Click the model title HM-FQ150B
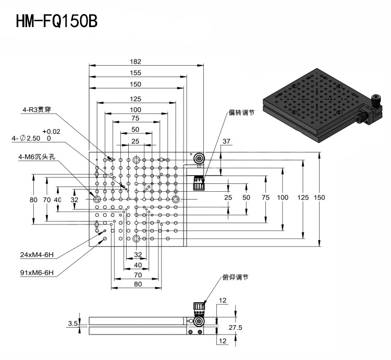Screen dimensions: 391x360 tap(57, 21)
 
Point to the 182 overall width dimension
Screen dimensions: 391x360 tap(136, 61)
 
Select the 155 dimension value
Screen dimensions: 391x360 tap(136, 73)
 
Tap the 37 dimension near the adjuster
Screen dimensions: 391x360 tap(226, 141)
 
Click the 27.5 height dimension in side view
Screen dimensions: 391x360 tap(236, 327)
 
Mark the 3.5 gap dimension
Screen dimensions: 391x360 tap(73, 324)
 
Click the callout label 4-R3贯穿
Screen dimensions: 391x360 tap(37, 109)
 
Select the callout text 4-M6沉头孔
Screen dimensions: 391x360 tap(36, 157)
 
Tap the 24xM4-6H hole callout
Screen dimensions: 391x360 tap(37, 255)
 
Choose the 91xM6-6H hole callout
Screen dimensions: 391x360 tap(37, 272)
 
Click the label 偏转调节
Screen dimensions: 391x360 tap(241, 113)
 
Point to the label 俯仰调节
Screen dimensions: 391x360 tap(236, 277)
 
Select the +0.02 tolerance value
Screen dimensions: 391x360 tap(51, 131)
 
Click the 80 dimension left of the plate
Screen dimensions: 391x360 tap(33, 200)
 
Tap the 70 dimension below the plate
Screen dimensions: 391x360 tap(138, 275)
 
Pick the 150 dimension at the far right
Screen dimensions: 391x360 tap(319, 197)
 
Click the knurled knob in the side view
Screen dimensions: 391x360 tap(199, 308)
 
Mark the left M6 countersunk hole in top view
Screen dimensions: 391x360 tap(97, 199)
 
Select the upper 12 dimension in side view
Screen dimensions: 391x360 tap(223, 300)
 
